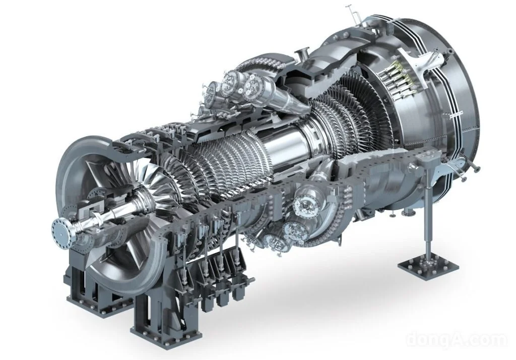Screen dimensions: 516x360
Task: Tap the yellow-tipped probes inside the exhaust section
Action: click(x=397, y=81)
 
